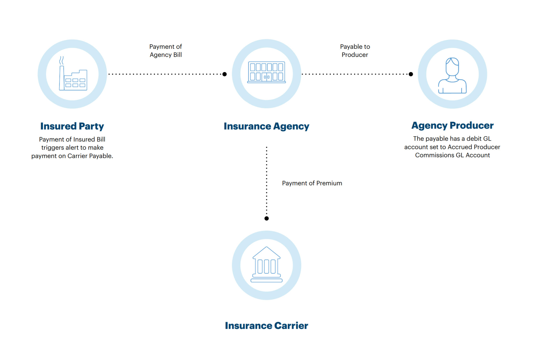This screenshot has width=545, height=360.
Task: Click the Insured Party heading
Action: click(x=72, y=126)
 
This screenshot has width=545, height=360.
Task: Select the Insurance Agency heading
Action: click(x=266, y=126)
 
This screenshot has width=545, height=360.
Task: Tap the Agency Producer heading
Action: click(x=452, y=126)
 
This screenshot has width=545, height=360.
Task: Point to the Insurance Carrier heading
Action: click(x=266, y=325)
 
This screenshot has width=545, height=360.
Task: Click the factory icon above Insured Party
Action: click(x=73, y=73)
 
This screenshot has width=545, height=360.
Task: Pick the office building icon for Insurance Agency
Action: click(x=266, y=72)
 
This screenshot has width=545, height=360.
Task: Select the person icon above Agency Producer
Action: click(x=452, y=75)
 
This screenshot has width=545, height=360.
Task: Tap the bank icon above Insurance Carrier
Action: click(x=266, y=264)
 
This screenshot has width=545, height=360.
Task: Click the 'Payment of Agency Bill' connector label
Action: click(x=166, y=51)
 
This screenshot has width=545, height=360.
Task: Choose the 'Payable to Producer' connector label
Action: click(x=355, y=51)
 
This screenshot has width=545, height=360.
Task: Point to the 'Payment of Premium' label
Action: click(x=312, y=183)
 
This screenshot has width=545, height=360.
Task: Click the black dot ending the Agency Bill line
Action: click(x=225, y=74)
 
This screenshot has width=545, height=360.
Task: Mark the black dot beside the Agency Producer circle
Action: click(x=411, y=74)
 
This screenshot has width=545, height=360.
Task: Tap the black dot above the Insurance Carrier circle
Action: click(x=266, y=218)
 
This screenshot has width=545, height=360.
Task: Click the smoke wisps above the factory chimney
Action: click(x=62, y=61)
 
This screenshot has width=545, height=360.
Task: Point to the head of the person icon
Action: click(x=452, y=67)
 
